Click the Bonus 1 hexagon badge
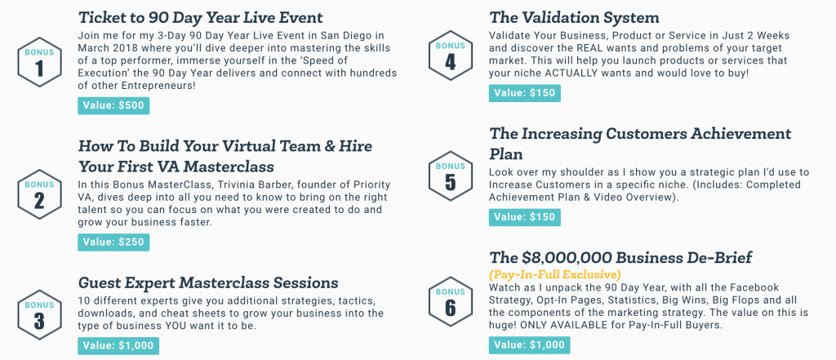(x=39, y=62)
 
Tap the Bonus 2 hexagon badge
(x=39, y=194)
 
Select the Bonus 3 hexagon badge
(x=39, y=315)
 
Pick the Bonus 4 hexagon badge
(x=450, y=56)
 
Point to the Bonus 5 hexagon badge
(x=450, y=176)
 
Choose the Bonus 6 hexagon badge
(x=450, y=301)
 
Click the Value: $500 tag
(x=113, y=105)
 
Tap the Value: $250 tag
(x=113, y=242)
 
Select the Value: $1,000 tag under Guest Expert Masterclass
(x=118, y=345)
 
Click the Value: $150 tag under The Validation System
(x=525, y=93)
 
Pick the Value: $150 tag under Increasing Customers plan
(x=525, y=217)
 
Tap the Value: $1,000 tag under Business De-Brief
(x=529, y=345)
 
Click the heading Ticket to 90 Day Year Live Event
(x=201, y=18)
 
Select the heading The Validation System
(x=574, y=18)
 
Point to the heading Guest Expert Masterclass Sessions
(x=208, y=282)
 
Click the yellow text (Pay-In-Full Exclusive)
(x=555, y=275)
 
